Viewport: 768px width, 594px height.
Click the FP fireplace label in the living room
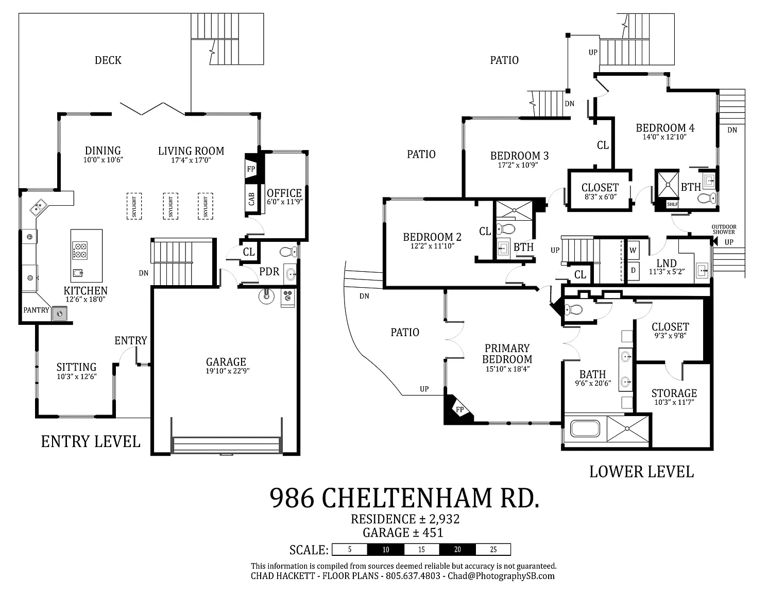click(251, 169)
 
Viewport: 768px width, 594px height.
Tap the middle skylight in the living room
click(170, 206)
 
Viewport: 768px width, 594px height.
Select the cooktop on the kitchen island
click(79, 251)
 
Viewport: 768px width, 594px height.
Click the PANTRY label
click(36, 310)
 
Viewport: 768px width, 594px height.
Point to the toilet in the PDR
click(289, 252)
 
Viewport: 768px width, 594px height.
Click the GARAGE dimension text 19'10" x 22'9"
click(228, 371)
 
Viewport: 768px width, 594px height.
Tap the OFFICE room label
click(284, 193)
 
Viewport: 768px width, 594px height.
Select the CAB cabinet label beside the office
click(251, 199)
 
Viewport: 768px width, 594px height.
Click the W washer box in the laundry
click(633, 251)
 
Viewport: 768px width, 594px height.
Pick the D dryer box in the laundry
click(633, 271)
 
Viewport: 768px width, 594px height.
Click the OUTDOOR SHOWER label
click(724, 229)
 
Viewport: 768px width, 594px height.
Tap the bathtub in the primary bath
click(585, 428)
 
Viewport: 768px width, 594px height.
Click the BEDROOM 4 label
click(665, 128)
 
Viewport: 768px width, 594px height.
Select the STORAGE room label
click(674, 393)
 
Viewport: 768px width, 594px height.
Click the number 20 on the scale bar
click(457, 550)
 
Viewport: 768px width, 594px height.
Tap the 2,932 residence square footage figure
click(444, 519)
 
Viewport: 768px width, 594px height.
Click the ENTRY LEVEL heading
click(91, 441)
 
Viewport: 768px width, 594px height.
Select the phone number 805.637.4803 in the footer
click(413, 576)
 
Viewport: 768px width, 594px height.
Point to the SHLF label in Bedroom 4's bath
click(672, 205)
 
